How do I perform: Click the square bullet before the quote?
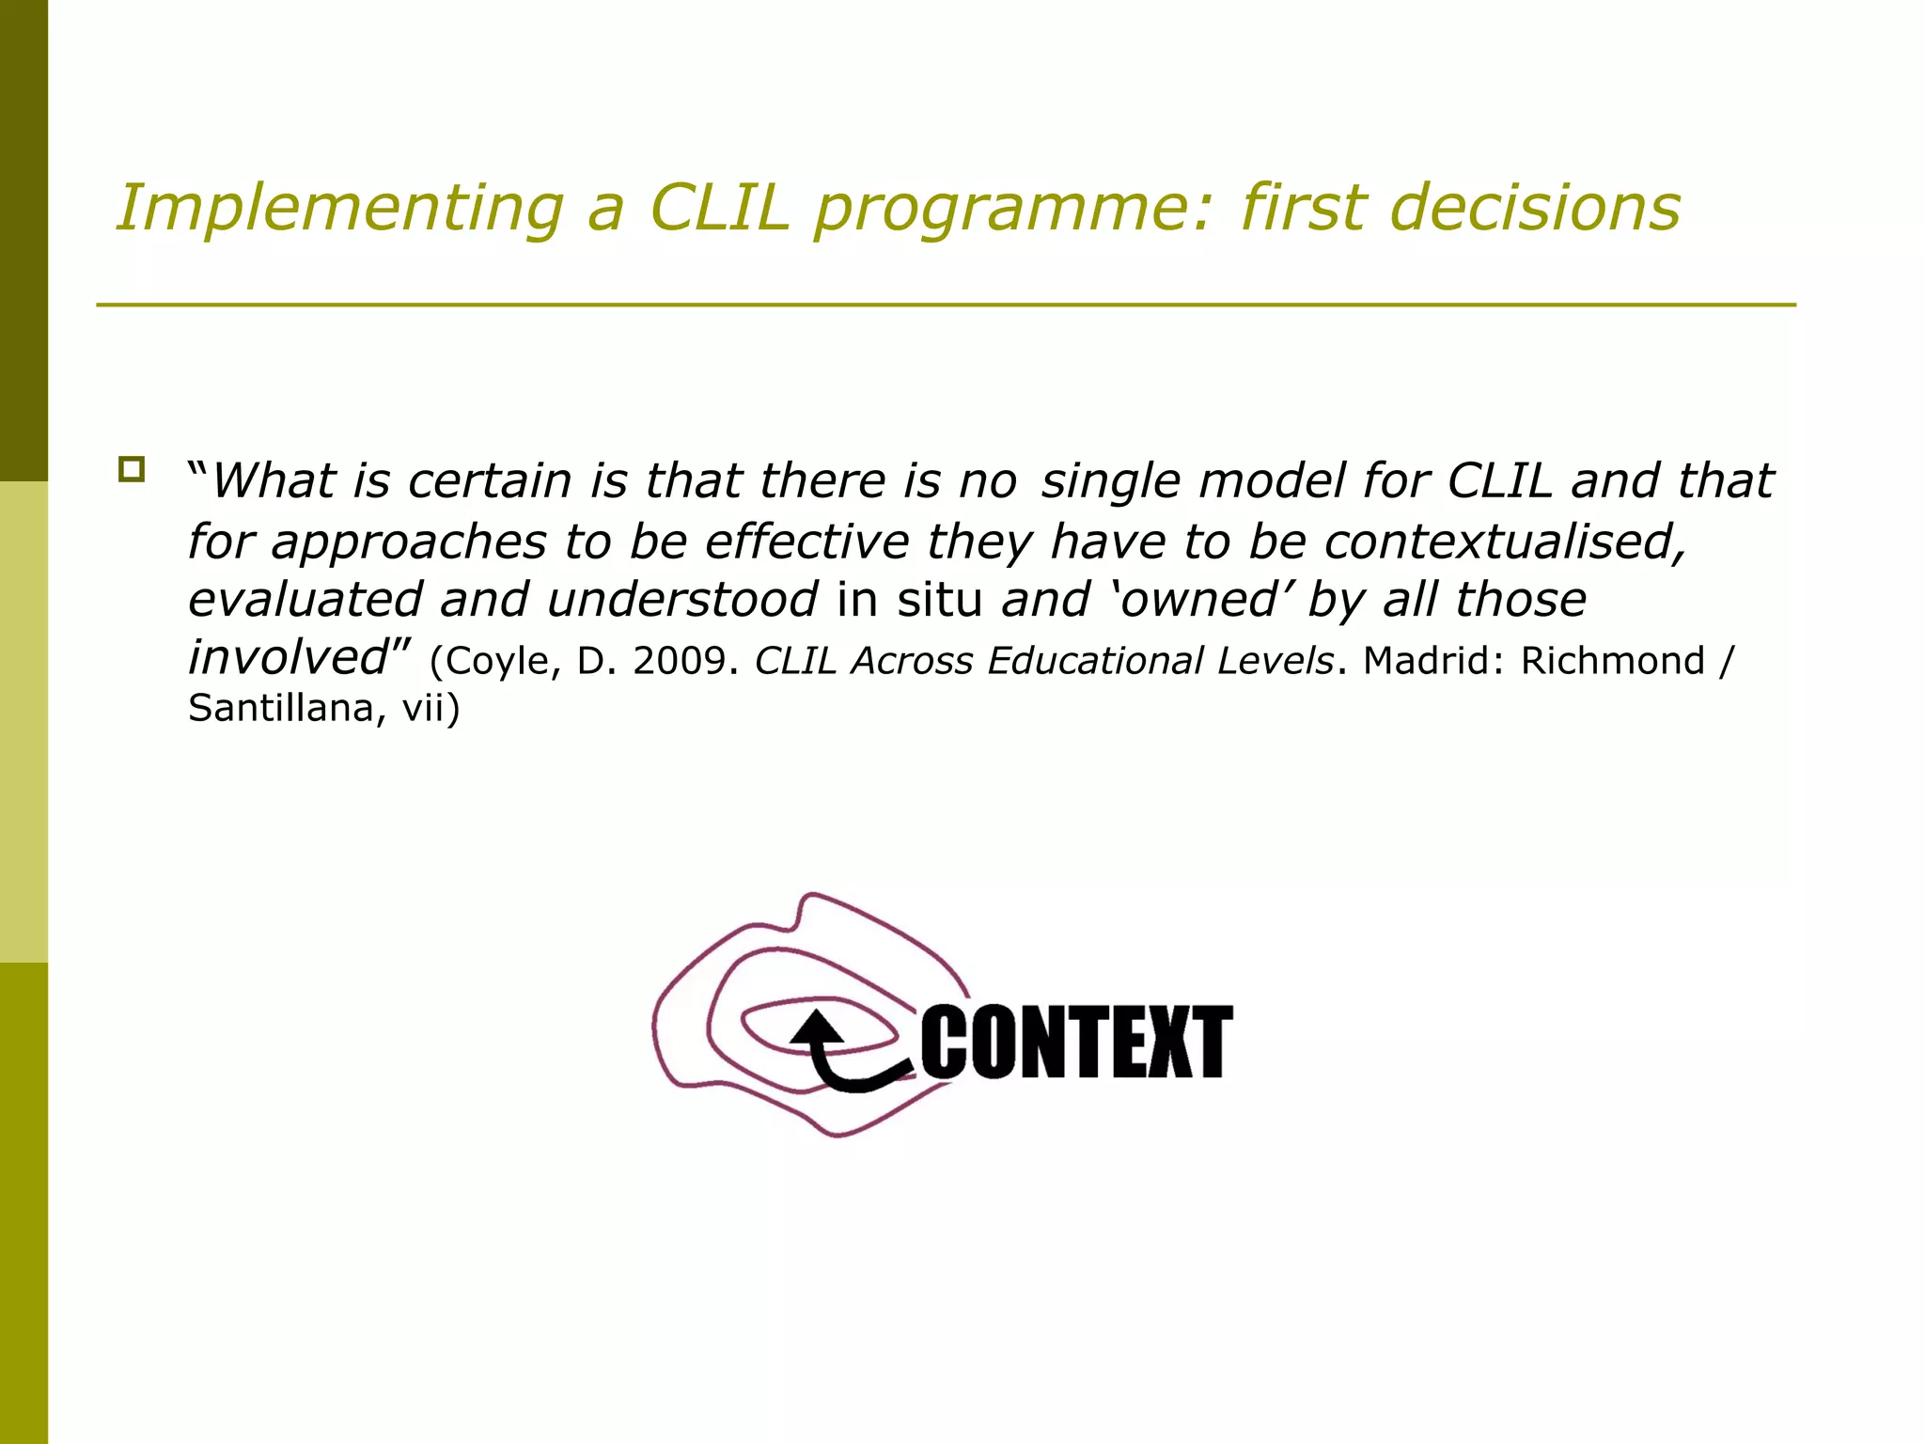pos(132,469)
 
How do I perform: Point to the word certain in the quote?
pos(490,481)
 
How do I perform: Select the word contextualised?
pos(1505,542)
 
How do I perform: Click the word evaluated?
pos(305,600)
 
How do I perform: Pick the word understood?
pos(682,600)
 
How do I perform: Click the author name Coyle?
pos(502,662)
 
